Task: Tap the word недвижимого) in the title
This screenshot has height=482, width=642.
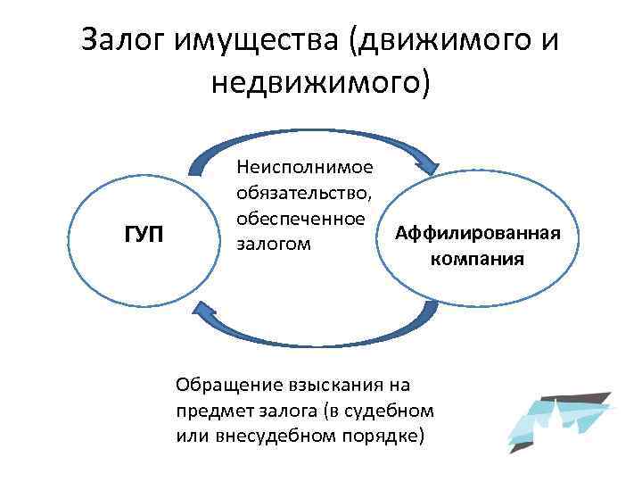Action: tap(321, 85)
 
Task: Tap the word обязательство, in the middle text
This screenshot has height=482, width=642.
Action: tap(304, 193)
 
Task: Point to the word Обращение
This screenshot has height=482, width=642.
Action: tap(225, 385)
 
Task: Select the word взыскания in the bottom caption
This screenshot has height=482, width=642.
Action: tap(334, 385)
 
